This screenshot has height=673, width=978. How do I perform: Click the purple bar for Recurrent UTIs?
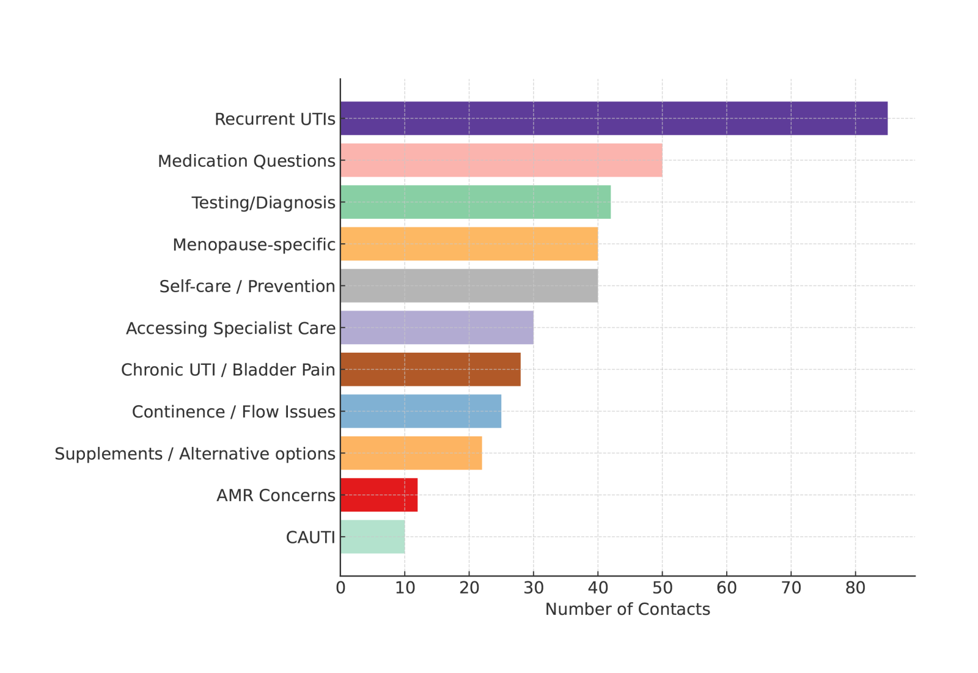(x=614, y=118)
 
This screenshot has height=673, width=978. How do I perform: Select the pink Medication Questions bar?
(x=501, y=160)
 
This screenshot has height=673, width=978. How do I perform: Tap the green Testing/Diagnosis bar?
(x=476, y=202)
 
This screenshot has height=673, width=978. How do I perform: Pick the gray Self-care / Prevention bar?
(x=469, y=285)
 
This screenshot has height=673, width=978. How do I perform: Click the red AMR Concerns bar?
(x=379, y=495)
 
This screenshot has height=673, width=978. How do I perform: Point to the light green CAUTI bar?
(x=372, y=537)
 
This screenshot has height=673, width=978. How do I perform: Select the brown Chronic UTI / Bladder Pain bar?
(x=430, y=369)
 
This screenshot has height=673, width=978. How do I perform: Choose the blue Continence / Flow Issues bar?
(x=421, y=411)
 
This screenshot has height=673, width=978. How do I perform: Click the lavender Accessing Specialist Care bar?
(x=436, y=327)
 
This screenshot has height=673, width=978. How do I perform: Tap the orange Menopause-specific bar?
(x=469, y=244)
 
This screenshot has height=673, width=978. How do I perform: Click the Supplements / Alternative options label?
(x=195, y=454)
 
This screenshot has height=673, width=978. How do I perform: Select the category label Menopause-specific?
(x=254, y=245)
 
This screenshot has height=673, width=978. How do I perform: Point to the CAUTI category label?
(x=311, y=537)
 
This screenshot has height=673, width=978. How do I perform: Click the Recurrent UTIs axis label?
(x=274, y=119)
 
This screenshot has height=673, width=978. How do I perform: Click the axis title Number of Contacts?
(x=627, y=609)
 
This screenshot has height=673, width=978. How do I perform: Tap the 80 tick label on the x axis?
(x=855, y=588)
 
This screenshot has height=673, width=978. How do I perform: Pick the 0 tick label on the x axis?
(x=340, y=588)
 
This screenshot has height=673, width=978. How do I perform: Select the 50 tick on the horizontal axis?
(x=662, y=588)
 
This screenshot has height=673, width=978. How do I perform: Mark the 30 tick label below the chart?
(x=534, y=588)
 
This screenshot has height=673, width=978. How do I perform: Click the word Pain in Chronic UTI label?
(x=320, y=370)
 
